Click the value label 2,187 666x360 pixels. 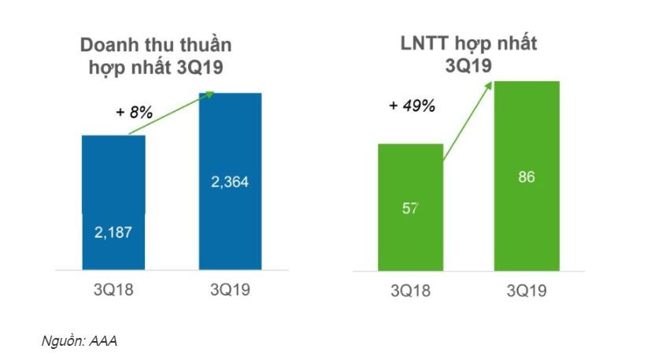(113, 233)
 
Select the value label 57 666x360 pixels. (410, 209)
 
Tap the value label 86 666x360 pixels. (527, 177)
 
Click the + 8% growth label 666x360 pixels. (133, 113)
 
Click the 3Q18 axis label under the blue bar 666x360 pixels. (113, 291)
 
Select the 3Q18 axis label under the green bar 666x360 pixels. (410, 291)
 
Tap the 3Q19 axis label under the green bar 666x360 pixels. (526, 291)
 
